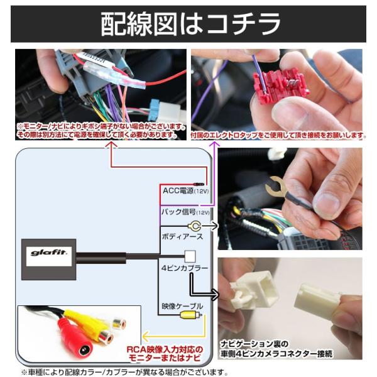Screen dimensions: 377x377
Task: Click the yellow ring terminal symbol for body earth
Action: coord(195,226)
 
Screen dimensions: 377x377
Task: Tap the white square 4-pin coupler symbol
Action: coord(190,256)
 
